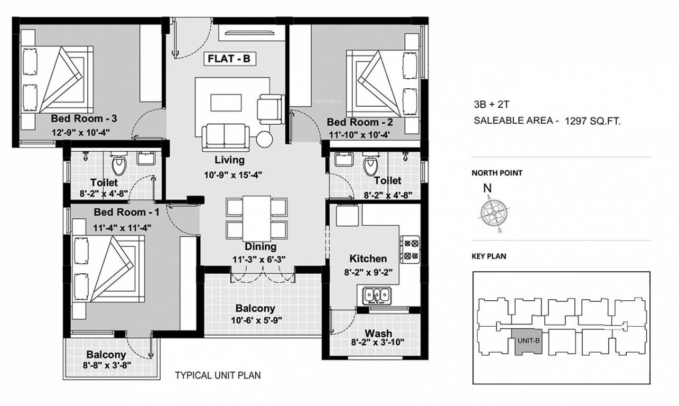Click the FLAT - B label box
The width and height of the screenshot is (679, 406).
229,59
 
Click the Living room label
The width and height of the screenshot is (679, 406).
229,160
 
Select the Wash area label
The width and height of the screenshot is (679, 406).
378,333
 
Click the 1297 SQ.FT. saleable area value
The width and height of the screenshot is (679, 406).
592,121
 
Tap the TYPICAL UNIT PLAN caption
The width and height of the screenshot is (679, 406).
218,376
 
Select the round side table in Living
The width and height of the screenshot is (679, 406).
265,139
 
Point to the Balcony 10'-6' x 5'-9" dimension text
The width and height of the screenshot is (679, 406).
255,319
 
